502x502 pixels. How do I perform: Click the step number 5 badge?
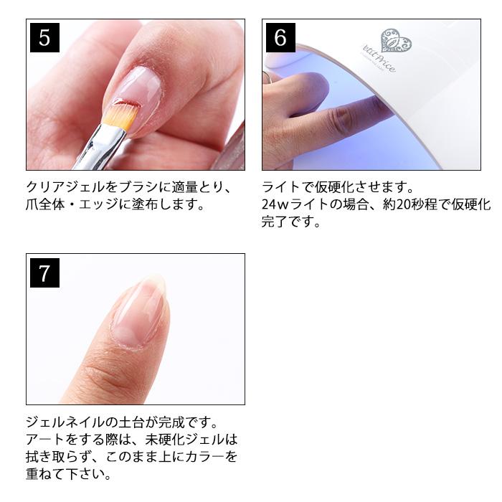44,37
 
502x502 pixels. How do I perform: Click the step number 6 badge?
280,37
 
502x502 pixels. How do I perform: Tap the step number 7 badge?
44,273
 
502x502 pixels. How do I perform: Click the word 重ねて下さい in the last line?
68,474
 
